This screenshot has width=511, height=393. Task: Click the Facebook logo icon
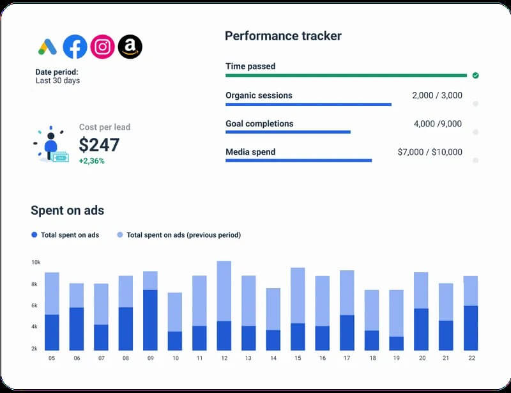[x=75, y=46]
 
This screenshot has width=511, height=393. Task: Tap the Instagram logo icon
[x=102, y=46]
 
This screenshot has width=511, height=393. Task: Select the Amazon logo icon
[x=130, y=46]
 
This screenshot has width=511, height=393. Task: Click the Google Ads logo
[x=47, y=46]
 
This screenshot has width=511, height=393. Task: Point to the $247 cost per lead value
[x=99, y=144]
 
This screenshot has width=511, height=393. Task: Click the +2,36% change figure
[x=91, y=161]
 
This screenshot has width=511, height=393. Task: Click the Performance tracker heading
[x=283, y=36]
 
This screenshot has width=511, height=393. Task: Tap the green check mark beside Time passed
[x=475, y=75]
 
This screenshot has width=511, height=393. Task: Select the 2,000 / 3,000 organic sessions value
[x=437, y=96]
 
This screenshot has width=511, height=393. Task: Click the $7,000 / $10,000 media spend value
[x=429, y=152]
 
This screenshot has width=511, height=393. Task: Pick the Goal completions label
[x=259, y=124]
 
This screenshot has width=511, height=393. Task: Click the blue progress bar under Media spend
[x=298, y=160]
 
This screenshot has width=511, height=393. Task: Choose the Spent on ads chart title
[x=67, y=210]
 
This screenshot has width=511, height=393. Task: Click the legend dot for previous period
[x=120, y=235]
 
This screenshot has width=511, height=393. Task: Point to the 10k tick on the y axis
[x=36, y=263]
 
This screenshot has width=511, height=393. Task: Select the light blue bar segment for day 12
[x=224, y=291]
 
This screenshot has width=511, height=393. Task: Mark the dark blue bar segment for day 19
[x=396, y=343]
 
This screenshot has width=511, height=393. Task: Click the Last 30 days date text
[x=57, y=81]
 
